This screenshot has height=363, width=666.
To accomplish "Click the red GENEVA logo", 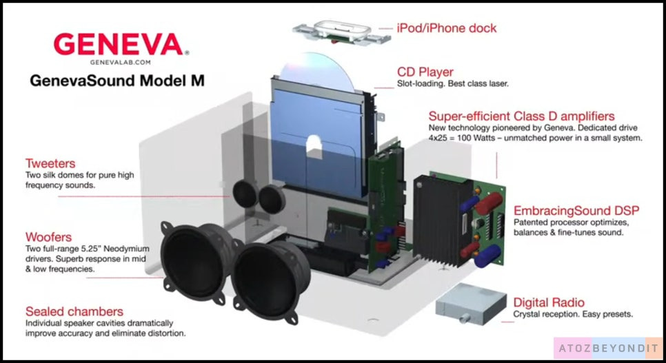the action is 118,45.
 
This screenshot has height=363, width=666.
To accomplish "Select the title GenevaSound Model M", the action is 117,80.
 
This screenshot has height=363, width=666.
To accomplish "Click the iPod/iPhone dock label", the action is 446,28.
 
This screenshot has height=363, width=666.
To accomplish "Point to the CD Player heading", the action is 425,71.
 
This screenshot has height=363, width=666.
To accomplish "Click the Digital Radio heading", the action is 549,302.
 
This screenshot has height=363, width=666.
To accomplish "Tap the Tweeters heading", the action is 50,164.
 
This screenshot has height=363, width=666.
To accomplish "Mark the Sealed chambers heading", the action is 74,311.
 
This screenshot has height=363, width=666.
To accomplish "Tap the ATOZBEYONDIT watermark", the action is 609,348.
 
